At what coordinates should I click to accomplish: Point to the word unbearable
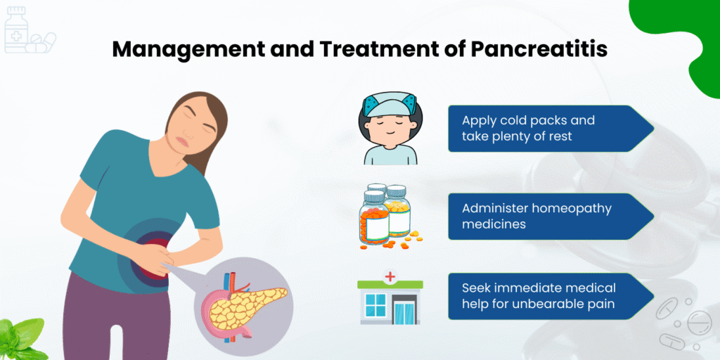point(542,304)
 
